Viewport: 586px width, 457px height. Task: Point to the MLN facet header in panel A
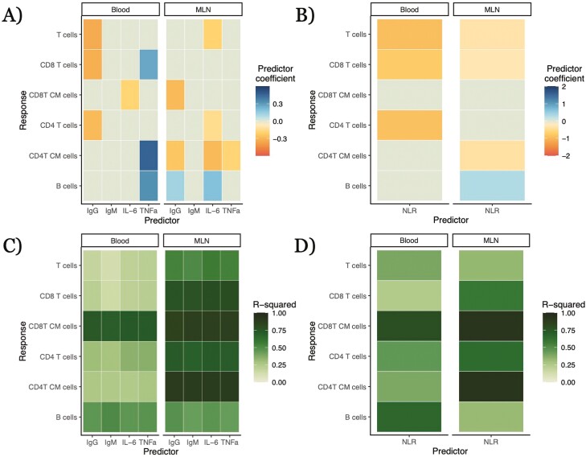(203, 9)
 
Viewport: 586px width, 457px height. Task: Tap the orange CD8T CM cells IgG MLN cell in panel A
(174, 95)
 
